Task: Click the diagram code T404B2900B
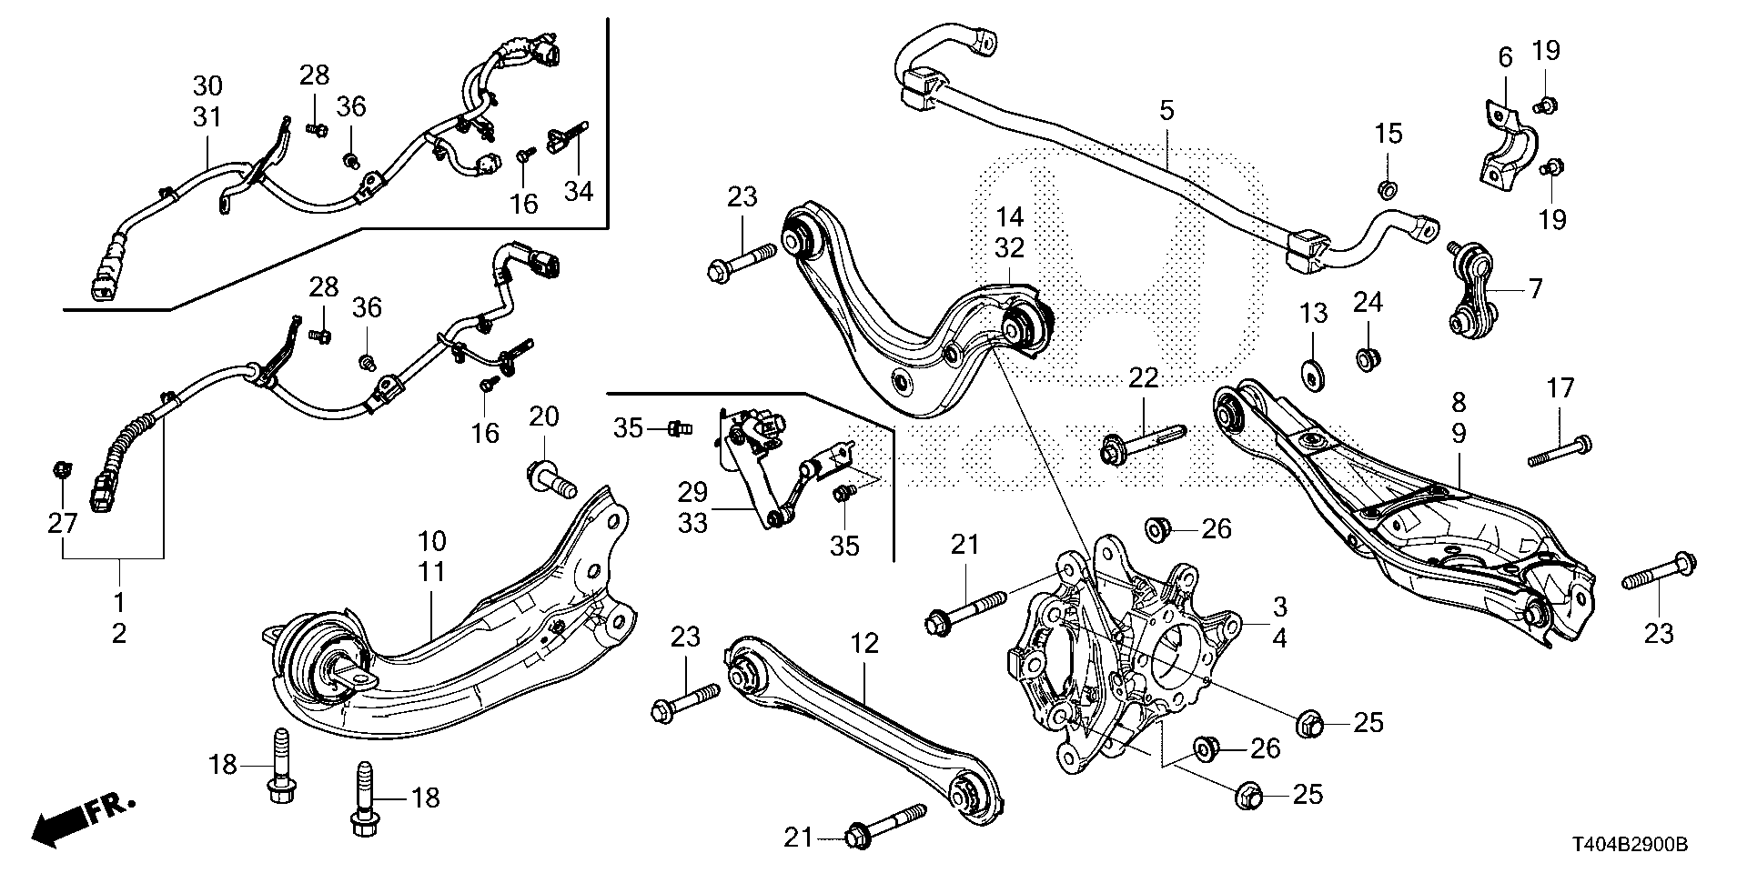(1623, 846)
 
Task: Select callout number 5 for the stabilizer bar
(1166, 111)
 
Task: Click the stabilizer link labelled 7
(1471, 289)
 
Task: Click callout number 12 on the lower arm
(865, 644)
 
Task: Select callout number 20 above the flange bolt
(544, 418)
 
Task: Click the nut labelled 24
(1366, 360)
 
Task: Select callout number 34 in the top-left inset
(579, 191)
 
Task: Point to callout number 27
(62, 523)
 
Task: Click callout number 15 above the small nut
(1389, 135)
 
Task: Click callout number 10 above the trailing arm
(432, 542)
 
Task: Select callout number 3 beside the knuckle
(1280, 607)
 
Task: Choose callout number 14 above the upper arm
(1010, 217)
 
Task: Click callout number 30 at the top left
(207, 87)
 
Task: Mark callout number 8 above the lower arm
(1459, 403)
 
